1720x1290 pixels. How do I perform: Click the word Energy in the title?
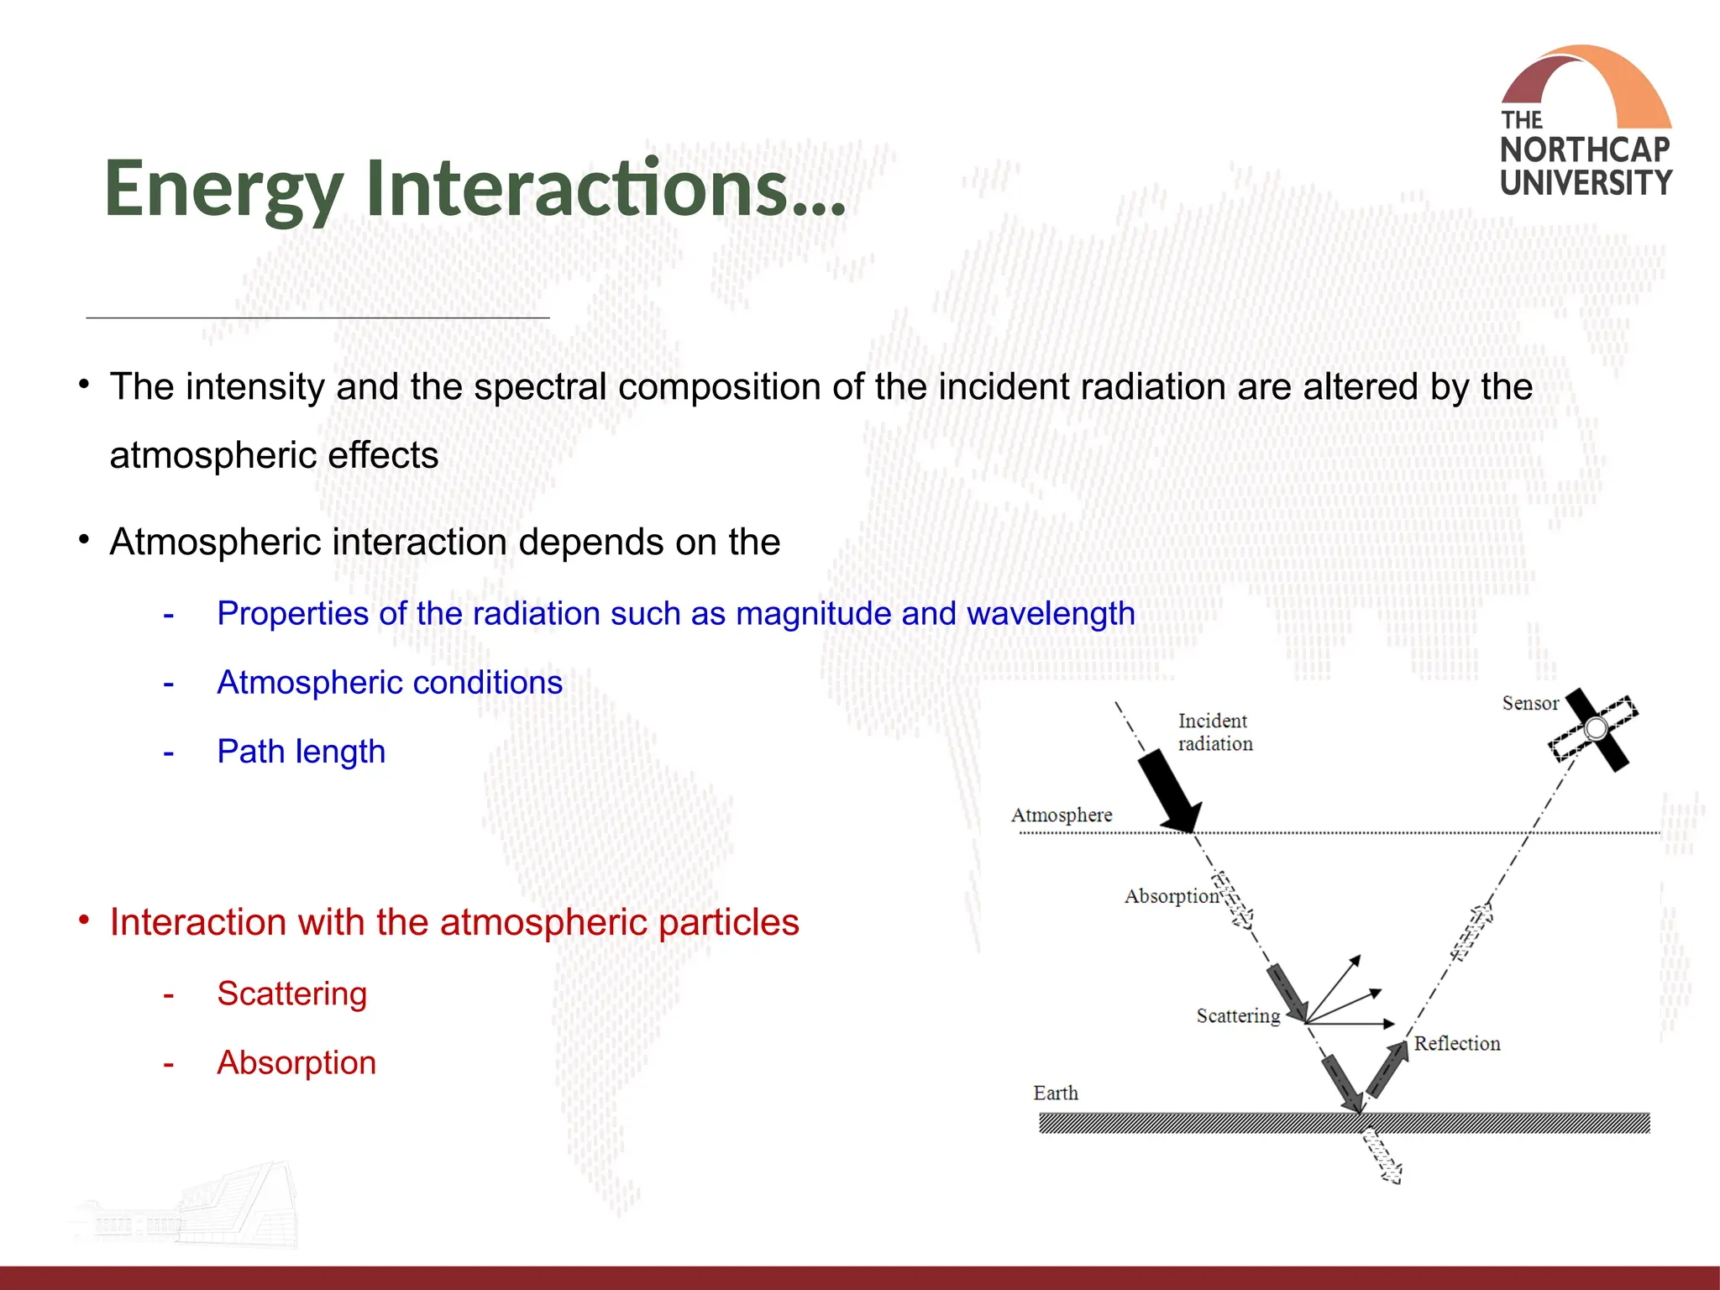click(223, 189)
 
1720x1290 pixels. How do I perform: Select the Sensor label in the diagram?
click(1529, 703)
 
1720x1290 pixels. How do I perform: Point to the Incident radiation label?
click(1214, 732)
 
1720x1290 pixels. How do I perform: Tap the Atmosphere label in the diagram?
click(1061, 815)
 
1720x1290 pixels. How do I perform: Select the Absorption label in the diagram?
click(1171, 896)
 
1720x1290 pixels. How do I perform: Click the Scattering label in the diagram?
click(1238, 1015)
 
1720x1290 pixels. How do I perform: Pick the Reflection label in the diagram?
click(1457, 1043)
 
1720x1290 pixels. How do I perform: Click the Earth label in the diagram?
click(1056, 1093)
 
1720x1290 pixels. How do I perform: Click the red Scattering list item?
click(291, 994)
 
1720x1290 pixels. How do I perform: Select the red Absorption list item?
click(296, 1062)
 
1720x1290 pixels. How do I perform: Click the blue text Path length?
click(301, 751)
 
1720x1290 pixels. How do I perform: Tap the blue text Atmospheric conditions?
click(390, 682)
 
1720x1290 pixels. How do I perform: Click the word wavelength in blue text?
click(1051, 614)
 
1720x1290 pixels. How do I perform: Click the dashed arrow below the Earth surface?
click(1382, 1157)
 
